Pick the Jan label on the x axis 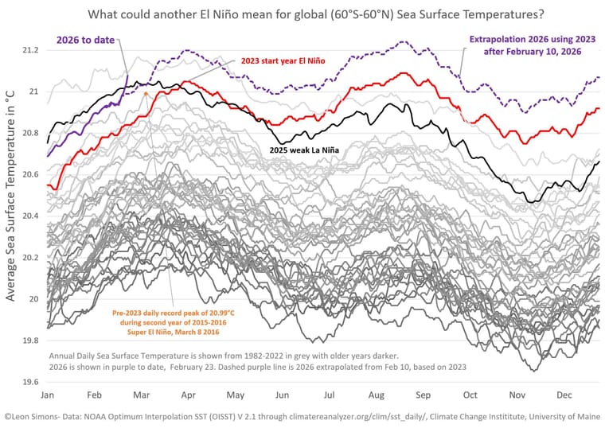(x=47, y=395)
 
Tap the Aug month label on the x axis (x=377, y=395)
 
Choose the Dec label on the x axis (x=566, y=395)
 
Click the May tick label (x=235, y=395)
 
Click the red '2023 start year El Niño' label (x=283, y=60)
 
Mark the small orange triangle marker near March (x=146, y=94)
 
